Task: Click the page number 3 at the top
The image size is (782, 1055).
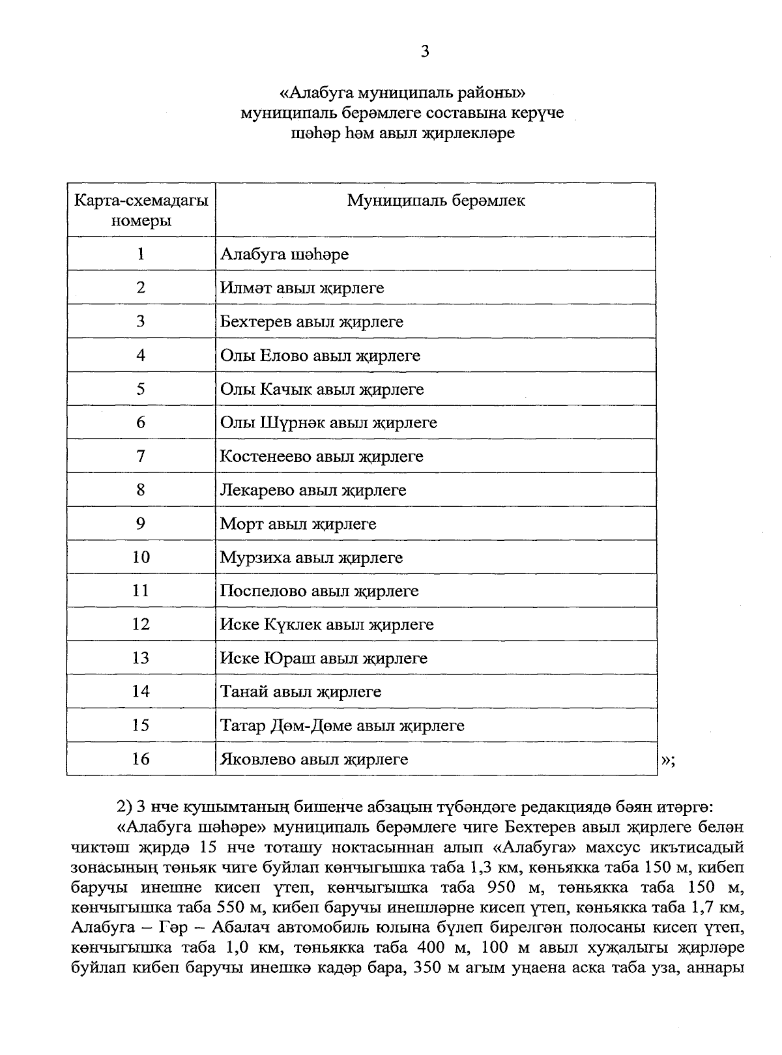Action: click(425, 51)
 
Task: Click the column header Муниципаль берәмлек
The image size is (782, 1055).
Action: click(435, 201)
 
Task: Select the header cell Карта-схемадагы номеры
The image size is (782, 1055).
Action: click(141, 210)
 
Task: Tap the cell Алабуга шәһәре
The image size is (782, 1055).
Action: click(284, 254)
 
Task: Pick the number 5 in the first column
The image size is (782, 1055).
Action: click(141, 389)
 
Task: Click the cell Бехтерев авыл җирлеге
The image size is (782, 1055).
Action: click(311, 322)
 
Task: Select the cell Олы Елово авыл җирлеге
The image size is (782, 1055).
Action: click(320, 356)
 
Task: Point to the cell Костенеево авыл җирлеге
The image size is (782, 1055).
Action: click(321, 457)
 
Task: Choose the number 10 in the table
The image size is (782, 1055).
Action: click(141, 557)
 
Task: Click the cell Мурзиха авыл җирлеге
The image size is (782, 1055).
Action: click(311, 558)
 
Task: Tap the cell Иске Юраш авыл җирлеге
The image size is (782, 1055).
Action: click(323, 658)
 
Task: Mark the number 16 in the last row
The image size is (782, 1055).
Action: click(141, 759)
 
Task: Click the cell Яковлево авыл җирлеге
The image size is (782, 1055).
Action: click(314, 759)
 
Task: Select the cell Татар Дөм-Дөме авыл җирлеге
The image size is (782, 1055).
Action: click(342, 725)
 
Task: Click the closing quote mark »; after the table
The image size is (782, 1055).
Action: click(668, 760)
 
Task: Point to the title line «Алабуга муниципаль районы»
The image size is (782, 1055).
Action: click(402, 92)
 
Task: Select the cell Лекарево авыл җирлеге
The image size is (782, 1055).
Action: click(313, 490)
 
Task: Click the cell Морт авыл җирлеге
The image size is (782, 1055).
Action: click(298, 524)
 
